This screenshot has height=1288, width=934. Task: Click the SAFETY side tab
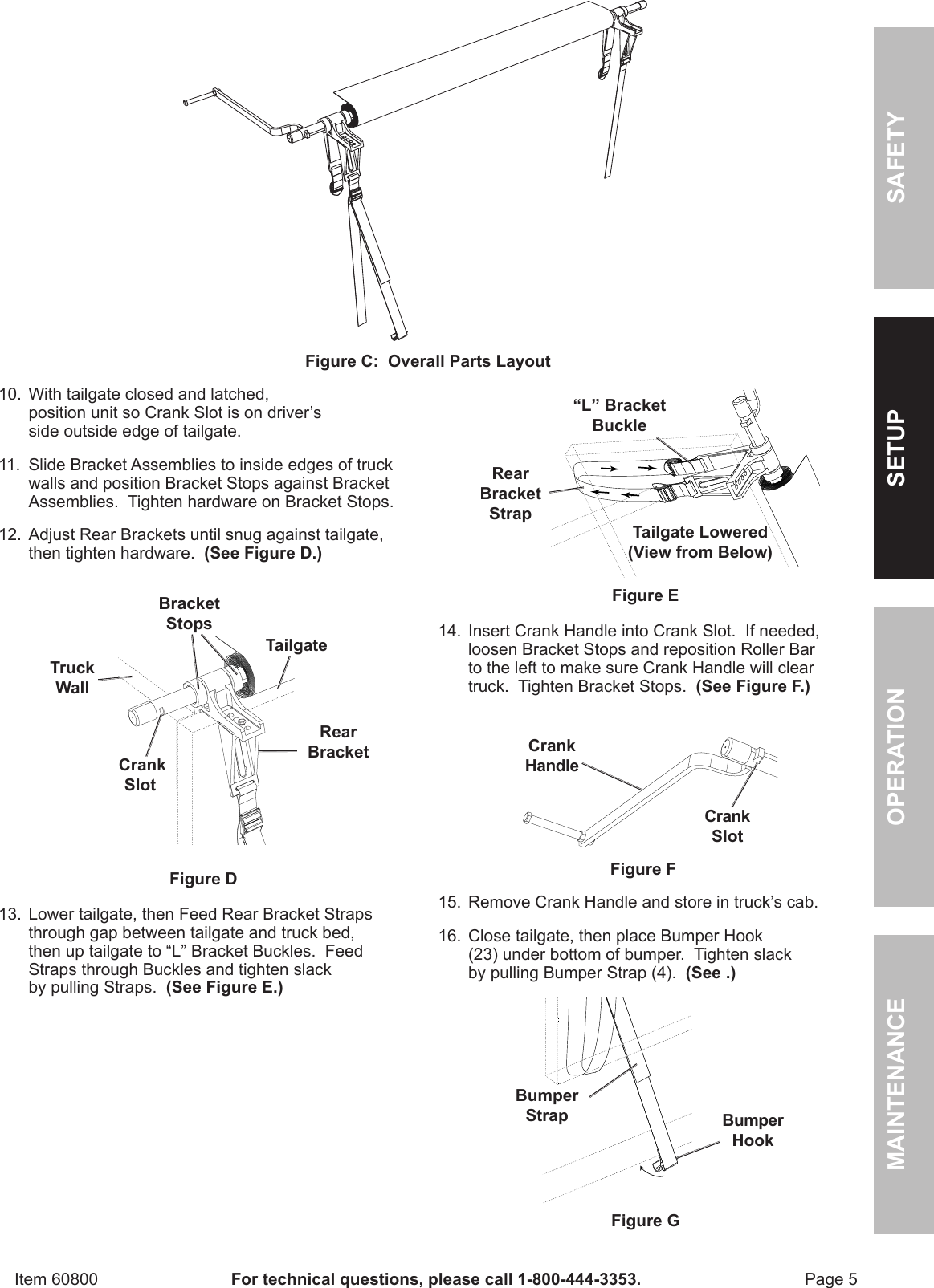tap(903, 158)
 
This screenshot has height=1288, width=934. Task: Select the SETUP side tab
tap(903, 448)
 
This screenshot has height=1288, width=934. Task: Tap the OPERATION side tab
tap(903, 756)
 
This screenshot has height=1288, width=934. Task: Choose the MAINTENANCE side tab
tap(903, 1083)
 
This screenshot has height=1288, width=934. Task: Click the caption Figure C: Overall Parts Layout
tap(427, 361)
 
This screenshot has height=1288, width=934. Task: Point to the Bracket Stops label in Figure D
tap(189, 613)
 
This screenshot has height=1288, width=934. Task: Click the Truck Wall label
tap(72, 677)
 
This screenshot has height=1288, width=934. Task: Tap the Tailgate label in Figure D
tap(296, 645)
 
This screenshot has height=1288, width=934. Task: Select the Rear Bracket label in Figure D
tap(338, 742)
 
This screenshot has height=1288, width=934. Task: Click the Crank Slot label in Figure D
tap(141, 774)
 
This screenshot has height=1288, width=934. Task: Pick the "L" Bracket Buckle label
tap(618, 416)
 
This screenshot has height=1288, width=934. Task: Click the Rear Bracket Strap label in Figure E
tap(510, 494)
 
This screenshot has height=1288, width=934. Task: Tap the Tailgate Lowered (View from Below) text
tap(699, 542)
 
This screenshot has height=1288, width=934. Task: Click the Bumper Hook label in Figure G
tap(753, 1130)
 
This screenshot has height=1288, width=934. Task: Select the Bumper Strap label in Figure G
tap(546, 1105)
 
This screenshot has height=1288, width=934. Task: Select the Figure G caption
tap(645, 1221)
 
